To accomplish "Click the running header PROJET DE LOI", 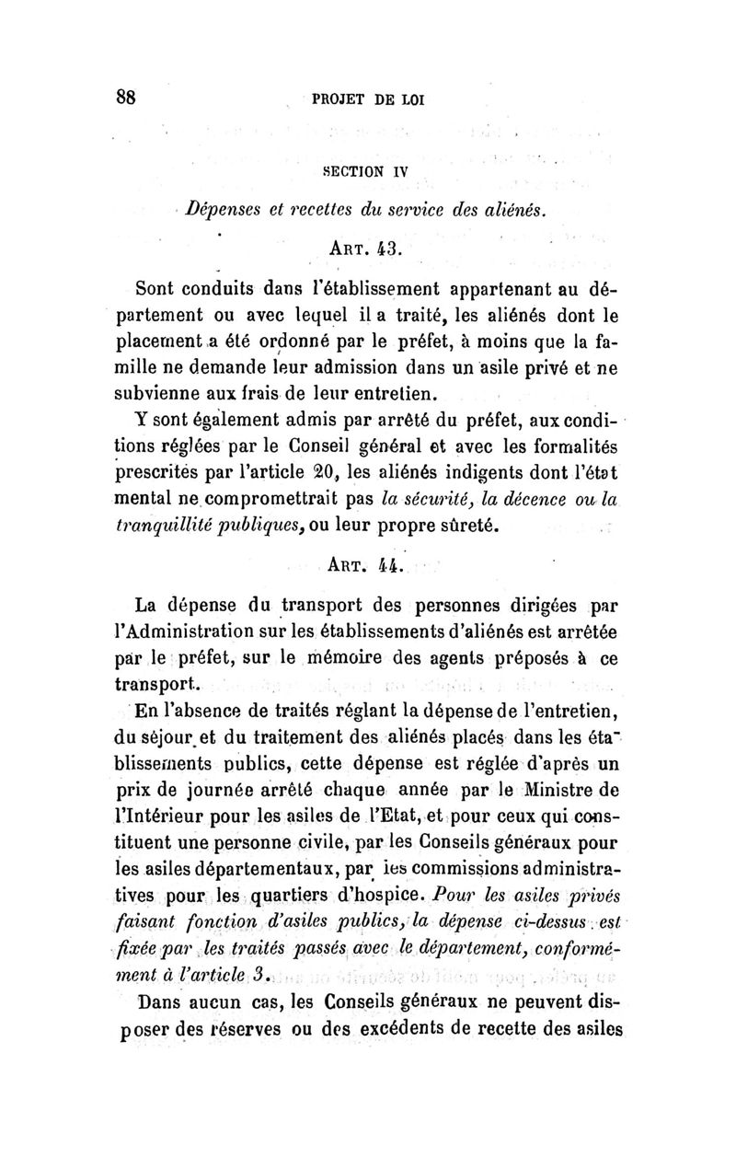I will (367, 99).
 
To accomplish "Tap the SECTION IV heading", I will (365, 170).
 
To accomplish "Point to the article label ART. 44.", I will (367, 559).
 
